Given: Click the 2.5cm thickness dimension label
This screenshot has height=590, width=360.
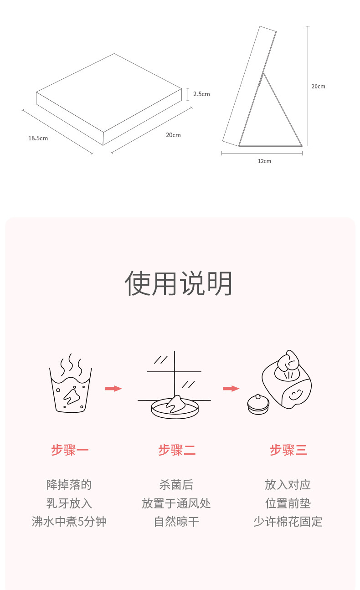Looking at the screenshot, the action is coord(201,94).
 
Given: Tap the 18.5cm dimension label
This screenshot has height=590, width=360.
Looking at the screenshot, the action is coord(38,139).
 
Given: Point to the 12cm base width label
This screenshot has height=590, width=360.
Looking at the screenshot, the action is coord(264,161).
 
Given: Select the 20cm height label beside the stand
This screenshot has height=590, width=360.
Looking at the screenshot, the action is coord(318,87).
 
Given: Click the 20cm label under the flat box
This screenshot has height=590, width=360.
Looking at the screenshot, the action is coord(173,135).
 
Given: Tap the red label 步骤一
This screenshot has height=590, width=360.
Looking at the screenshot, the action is coord(70,450).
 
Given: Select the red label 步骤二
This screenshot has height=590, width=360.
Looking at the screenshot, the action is coord(177,450).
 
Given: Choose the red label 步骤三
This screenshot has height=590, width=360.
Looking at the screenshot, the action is coord(288,450).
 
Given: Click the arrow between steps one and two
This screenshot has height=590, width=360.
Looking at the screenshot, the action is coord(113,389).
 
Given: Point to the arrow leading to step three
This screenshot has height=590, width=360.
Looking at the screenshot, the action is coord(231,389).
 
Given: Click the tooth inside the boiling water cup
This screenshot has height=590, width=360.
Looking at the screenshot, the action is coord(72,397).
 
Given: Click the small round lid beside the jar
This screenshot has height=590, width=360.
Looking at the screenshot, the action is coord(258,404).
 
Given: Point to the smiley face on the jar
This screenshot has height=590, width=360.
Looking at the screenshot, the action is coord(295,394).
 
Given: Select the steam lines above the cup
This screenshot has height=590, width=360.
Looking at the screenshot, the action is coord(71,364).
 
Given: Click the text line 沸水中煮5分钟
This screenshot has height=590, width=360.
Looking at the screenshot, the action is coord(69,522).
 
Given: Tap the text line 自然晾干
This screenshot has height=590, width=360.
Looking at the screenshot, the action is coord(176,522).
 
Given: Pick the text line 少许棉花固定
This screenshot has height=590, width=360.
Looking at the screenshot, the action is coord(288,522).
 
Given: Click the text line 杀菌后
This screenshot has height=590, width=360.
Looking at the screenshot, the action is coord(176,485).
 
